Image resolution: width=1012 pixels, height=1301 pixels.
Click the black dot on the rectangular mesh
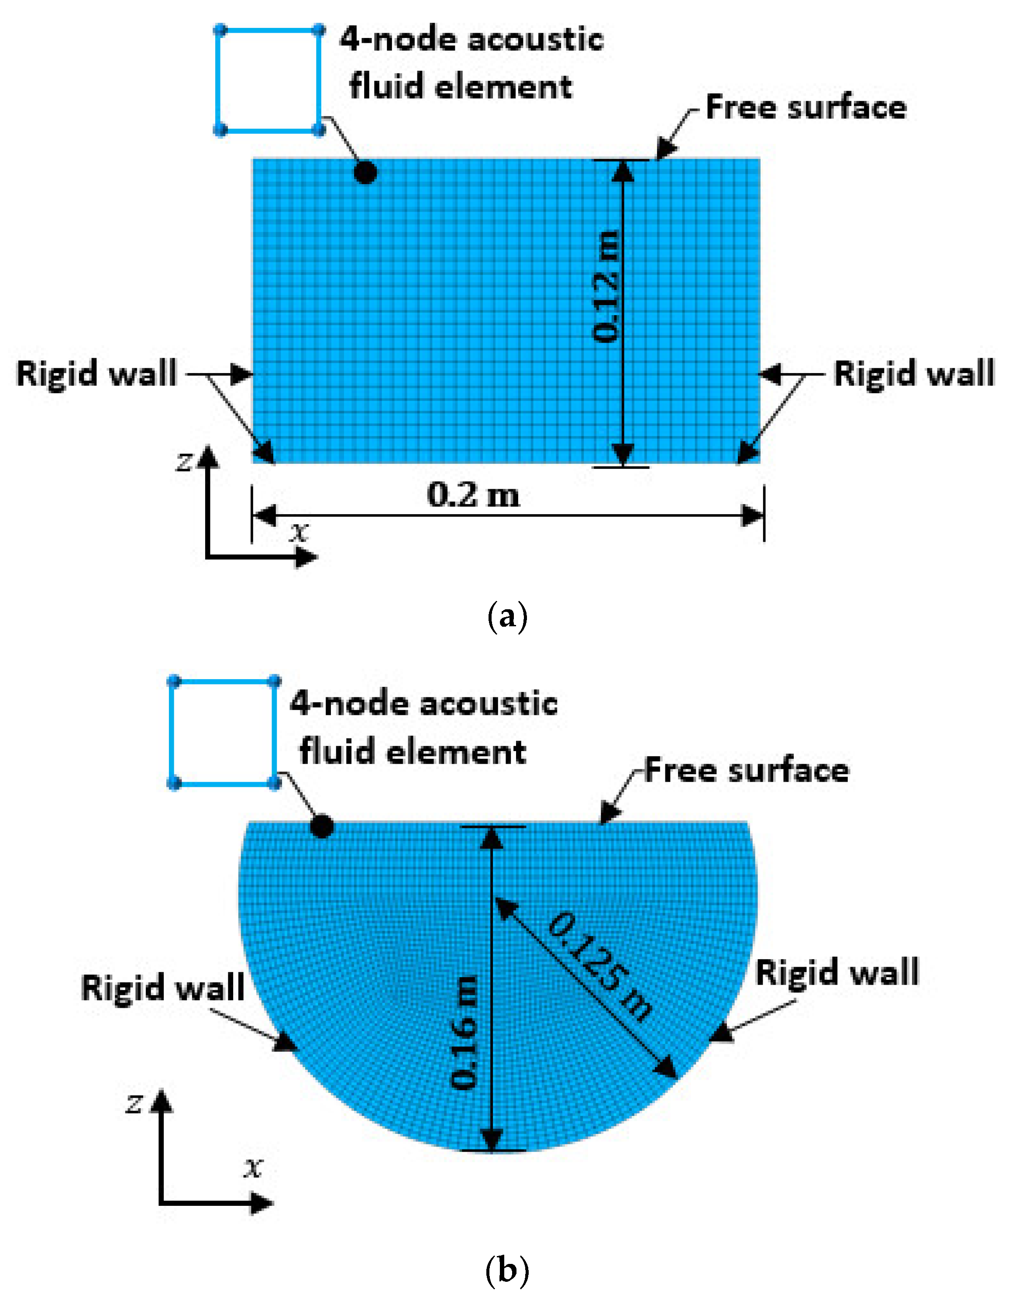click(365, 173)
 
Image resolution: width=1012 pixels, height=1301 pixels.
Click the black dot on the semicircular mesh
click(322, 827)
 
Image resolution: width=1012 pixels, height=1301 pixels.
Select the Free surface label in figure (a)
click(806, 108)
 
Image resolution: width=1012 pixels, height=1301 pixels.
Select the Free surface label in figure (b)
click(746, 770)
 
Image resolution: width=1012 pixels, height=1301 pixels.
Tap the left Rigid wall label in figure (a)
click(96, 374)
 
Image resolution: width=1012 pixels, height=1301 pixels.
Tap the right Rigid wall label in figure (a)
click(914, 374)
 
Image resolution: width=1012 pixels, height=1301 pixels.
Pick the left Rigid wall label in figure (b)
click(163, 988)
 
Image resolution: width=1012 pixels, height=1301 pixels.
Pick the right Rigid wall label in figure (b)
click(837, 972)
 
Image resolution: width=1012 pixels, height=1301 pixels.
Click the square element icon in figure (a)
click(269, 80)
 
